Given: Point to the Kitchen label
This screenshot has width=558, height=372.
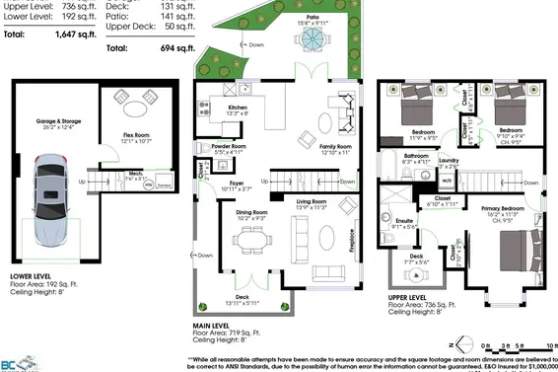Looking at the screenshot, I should (238, 108).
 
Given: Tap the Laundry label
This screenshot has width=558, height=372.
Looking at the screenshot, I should (450, 160).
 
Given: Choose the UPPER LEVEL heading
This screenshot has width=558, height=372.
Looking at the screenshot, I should (406, 296).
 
